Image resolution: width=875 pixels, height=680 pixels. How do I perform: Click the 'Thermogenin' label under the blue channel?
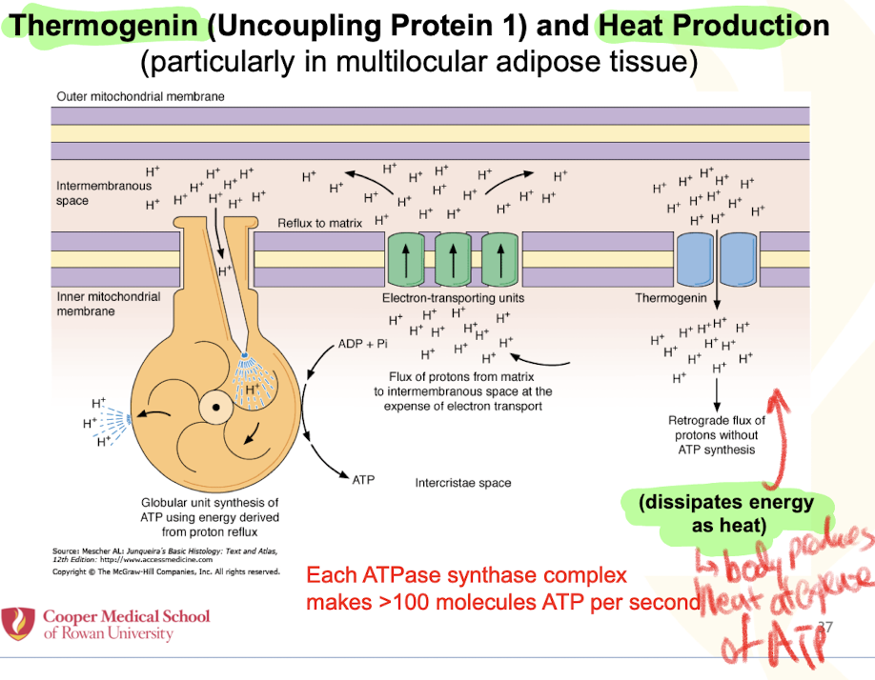[x=671, y=298]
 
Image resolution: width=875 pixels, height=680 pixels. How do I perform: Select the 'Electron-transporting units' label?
[x=453, y=298]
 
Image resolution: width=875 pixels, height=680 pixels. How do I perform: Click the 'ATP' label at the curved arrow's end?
[x=363, y=480]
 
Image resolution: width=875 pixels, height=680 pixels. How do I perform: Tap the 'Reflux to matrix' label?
[x=320, y=223]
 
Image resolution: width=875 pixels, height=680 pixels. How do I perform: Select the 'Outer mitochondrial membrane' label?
[x=141, y=96]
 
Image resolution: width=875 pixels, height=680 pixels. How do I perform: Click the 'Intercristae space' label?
[x=463, y=483]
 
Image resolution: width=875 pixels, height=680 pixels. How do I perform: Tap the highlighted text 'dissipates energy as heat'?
[x=726, y=513]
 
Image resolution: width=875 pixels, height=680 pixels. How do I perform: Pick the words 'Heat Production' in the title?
[x=713, y=25]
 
